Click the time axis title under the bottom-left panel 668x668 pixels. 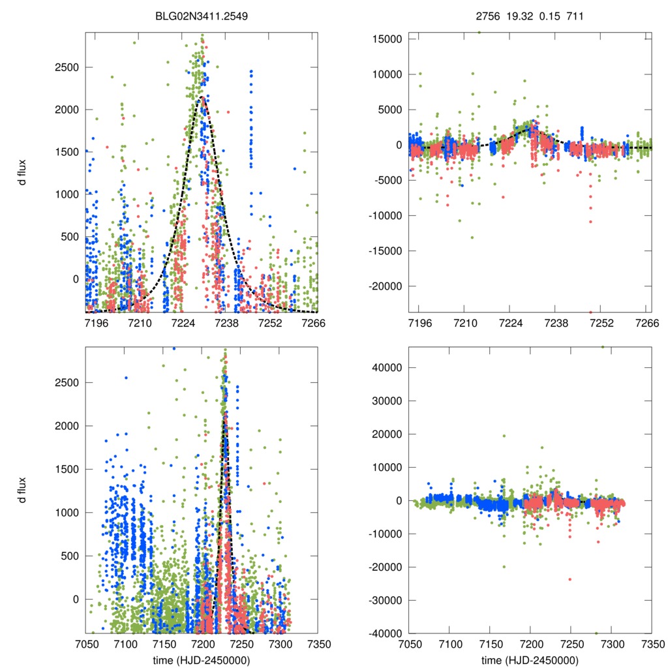202,660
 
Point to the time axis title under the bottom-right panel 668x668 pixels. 529,660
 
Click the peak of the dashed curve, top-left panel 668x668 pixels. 202,97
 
